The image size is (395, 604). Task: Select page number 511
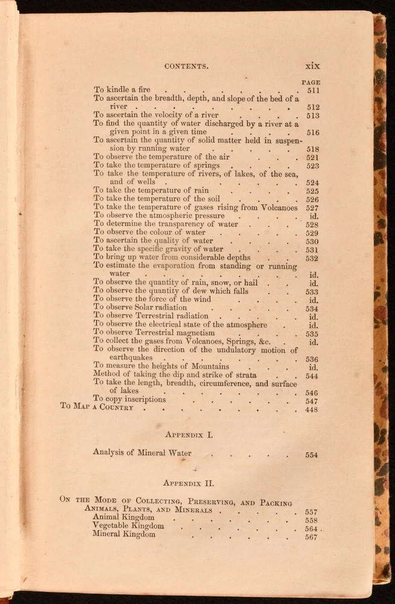click(x=312, y=91)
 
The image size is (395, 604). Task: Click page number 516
click(x=312, y=132)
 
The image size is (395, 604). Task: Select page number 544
click(x=312, y=374)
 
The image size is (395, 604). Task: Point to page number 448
click(x=311, y=410)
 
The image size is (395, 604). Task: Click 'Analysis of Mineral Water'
click(x=142, y=453)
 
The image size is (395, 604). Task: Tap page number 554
click(x=311, y=455)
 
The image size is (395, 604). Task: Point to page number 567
click(x=311, y=537)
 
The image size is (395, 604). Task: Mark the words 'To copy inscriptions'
click(x=129, y=399)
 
